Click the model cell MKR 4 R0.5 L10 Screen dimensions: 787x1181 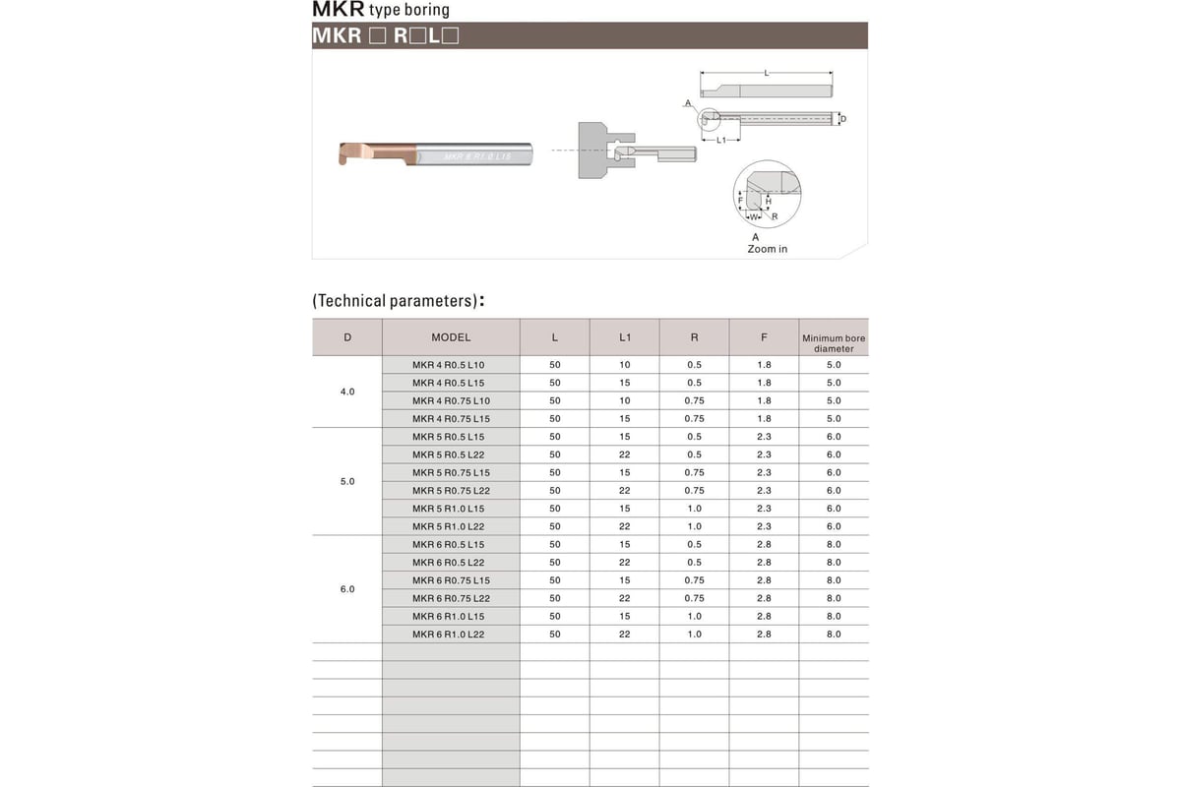click(x=448, y=365)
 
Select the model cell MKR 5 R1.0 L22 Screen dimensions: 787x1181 click(x=448, y=526)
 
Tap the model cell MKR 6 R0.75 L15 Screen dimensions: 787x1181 click(x=451, y=580)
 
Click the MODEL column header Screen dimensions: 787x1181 click(x=451, y=337)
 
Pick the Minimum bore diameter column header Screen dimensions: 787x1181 click(x=834, y=342)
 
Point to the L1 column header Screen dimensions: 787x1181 click(x=625, y=337)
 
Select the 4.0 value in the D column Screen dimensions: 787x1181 click(x=347, y=392)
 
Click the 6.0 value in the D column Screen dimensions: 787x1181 click(x=347, y=589)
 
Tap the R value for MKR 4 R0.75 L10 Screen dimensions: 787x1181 click(x=694, y=400)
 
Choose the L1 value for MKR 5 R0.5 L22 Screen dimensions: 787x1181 click(x=625, y=454)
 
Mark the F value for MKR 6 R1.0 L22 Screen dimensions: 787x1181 click(x=764, y=635)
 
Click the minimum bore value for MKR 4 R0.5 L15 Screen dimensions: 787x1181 click(x=834, y=383)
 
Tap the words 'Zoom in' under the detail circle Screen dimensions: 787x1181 click(x=767, y=249)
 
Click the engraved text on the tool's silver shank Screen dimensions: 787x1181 click(x=477, y=156)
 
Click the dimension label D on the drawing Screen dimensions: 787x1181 click(x=842, y=119)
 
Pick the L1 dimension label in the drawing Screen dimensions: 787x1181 click(x=721, y=141)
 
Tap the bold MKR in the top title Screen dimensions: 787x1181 click(x=338, y=10)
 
